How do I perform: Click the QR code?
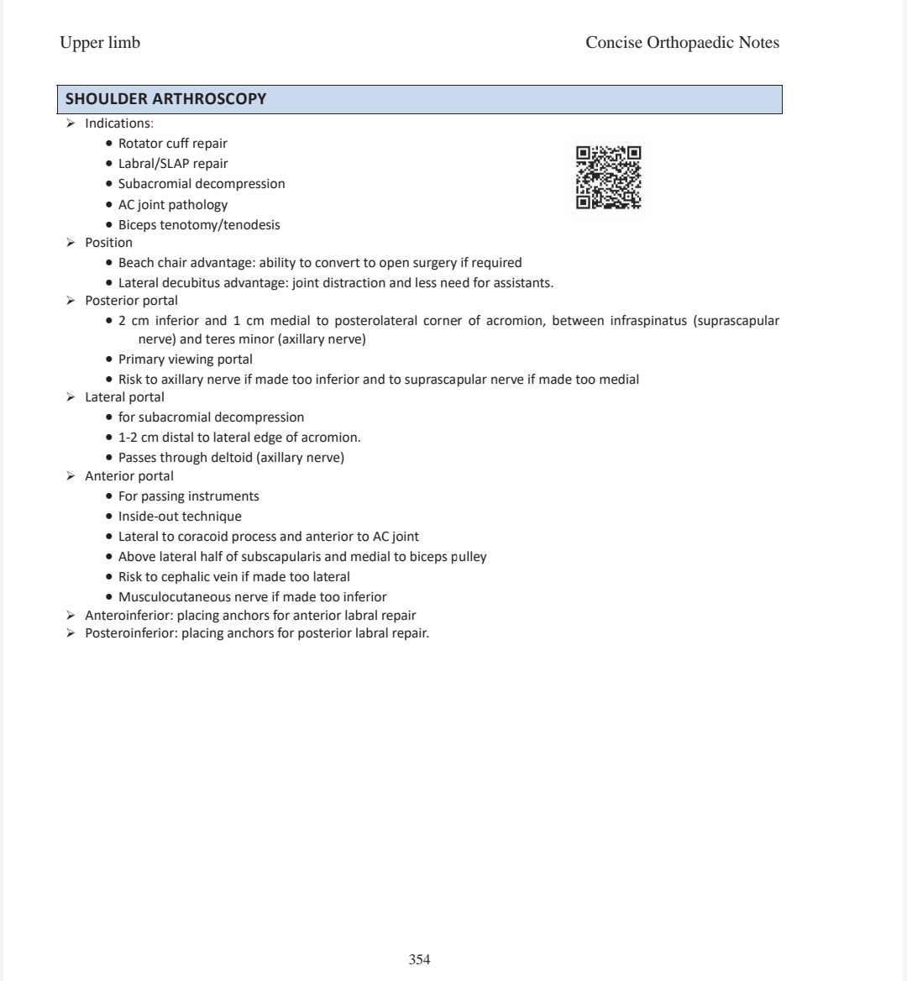(x=609, y=177)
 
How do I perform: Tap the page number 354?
(x=419, y=959)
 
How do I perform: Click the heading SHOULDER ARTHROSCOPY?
(x=166, y=99)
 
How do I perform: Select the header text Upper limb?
(x=100, y=43)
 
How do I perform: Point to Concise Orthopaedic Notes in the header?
(x=682, y=43)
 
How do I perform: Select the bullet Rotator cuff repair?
(x=172, y=144)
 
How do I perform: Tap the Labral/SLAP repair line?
(x=172, y=164)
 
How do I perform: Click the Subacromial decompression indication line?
(x=201, y=184)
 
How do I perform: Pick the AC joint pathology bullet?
(x=172, y=205)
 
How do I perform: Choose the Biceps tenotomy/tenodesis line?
(x=199, y=225)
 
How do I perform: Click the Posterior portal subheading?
(x=131, y=300)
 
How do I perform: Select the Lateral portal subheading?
(x=124, y=397)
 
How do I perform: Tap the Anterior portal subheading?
(x=129, y=476)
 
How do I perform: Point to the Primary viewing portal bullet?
(x=185, y=359)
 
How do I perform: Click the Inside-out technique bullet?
(x=179, y=517)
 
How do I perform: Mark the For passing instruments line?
(x=188, y=496)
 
